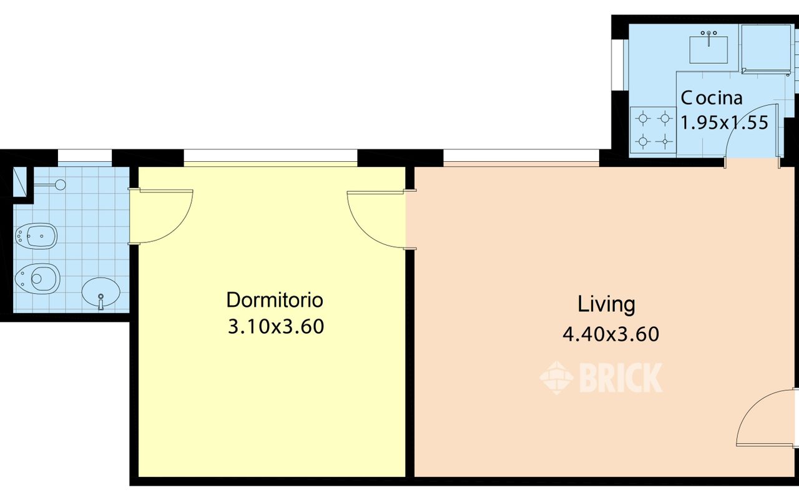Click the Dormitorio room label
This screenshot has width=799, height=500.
[x=275, y=301]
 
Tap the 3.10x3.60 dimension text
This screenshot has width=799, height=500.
[x=276, y=326]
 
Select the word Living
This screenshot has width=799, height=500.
[x=606, y=304]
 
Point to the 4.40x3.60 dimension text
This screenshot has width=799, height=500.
[x=610, y=334]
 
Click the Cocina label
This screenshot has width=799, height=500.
[x=712, y=98]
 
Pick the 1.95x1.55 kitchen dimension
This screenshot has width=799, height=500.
[x=725, y=122]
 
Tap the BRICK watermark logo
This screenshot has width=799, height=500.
[x=601, y=377]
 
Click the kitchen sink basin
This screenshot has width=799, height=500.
[x=708, y=49]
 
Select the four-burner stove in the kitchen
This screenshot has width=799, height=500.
[x=653, y=130]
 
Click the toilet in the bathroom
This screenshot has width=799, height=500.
[x=37, y=279]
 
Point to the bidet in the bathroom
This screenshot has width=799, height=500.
[x=36, y=236]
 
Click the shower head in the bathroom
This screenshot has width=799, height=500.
[x=61, y=184]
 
